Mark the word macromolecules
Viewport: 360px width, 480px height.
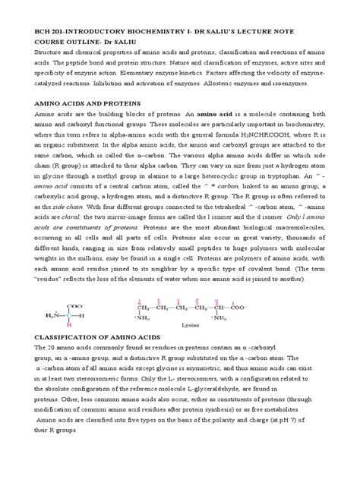[x=299, y=228]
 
